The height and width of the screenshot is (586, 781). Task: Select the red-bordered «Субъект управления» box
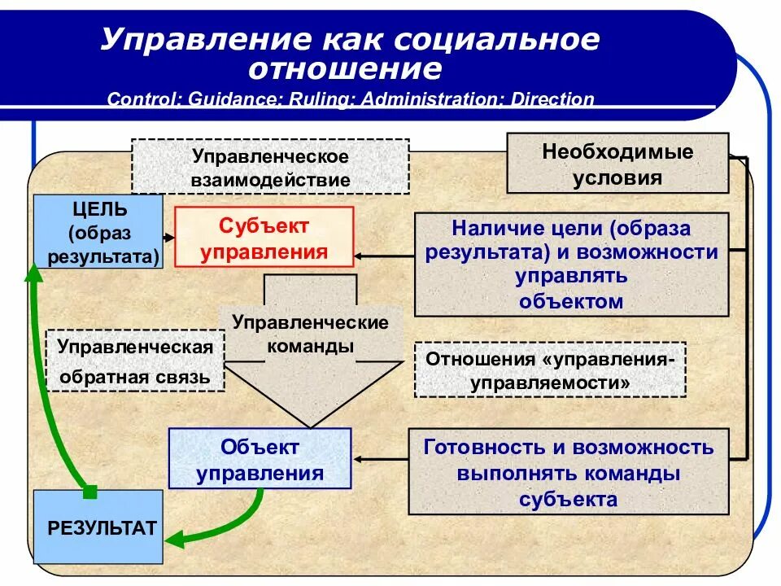tap(264, 237)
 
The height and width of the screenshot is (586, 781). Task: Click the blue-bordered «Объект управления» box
tap(260, 459)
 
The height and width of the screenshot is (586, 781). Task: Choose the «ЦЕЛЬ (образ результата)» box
tap(98, 232)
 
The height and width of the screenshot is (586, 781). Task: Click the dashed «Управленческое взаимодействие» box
tap(270, 167)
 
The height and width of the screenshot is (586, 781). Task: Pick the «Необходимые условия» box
tap(617, 164)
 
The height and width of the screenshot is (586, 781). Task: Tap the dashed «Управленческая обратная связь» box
tap(134, 361)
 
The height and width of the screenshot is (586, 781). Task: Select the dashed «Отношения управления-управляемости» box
tap(550, 370)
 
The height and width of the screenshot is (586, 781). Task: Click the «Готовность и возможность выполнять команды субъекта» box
tap(568, 472)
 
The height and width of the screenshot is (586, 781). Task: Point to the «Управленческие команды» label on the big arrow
tap(310, 333)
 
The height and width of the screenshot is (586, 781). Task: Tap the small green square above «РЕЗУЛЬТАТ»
tap(90, 491)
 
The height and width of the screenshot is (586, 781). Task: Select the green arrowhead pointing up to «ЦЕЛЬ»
tap(33, 272)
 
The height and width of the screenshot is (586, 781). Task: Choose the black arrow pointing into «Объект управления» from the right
tap(358, 457)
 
